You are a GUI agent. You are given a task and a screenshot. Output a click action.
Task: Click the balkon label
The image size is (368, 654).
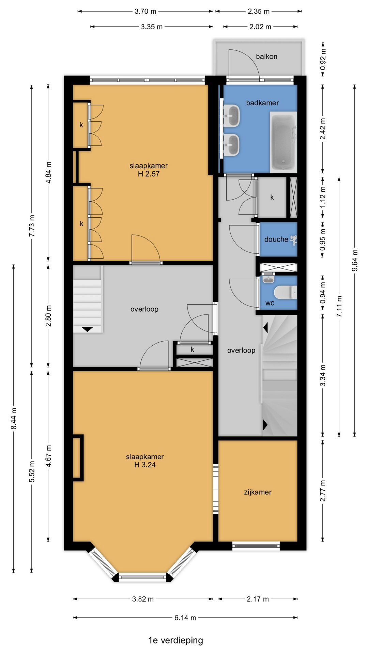pos(266,57)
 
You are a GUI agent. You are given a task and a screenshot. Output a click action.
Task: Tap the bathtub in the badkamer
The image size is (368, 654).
pos(283,142)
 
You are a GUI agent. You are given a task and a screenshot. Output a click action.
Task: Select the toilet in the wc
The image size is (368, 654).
pos(286,292)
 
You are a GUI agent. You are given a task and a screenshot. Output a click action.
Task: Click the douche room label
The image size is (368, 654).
pos(276,239)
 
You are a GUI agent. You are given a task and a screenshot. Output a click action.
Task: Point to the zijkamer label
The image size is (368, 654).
pos(258,492)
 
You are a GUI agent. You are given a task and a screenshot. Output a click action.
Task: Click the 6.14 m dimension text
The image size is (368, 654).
pos(185,618)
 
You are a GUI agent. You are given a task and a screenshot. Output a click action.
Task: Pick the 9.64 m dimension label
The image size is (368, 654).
pos(355,261)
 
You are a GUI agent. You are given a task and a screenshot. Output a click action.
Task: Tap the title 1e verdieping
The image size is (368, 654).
pos(175,640)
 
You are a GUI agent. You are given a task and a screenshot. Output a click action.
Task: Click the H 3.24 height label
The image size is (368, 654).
pos(145,465)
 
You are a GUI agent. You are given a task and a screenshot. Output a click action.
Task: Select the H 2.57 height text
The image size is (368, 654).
pos(149,174)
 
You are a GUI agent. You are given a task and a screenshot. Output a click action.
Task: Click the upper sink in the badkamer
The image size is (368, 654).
pos(232,115)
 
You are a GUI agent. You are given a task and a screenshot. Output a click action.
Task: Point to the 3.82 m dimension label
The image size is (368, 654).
pos(143,599)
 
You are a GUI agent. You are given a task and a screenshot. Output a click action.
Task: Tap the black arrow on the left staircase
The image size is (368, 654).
pos(88,329)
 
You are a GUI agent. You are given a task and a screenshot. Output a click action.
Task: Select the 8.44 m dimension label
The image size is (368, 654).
pos(14,418)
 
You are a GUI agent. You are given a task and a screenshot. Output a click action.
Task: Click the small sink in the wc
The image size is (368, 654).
pos(269,279)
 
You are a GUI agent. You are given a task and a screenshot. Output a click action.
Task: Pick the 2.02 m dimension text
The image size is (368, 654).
pos(260,27)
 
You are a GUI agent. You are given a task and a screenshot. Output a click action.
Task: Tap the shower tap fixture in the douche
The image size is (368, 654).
pos(293,239)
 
